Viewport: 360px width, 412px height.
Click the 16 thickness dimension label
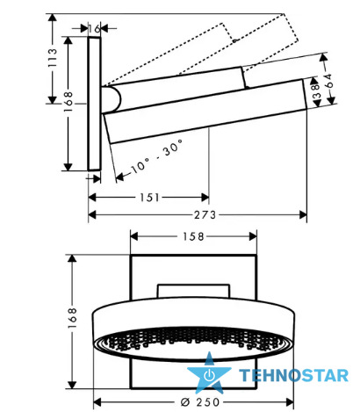click(94, 29)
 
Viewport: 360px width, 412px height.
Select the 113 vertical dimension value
click(53, 58)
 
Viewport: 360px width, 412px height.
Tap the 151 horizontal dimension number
click(149, 198)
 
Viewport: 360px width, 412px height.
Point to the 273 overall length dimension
click(205, 215)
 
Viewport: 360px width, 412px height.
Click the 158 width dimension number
click(193, 236)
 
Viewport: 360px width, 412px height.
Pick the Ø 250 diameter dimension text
click(200, 402)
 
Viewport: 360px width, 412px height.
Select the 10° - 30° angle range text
click(157, 156)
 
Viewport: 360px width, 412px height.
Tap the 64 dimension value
click(329, 81)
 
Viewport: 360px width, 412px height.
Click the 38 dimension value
click(317, 91)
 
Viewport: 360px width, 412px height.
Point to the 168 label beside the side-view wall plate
click(68, 102)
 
